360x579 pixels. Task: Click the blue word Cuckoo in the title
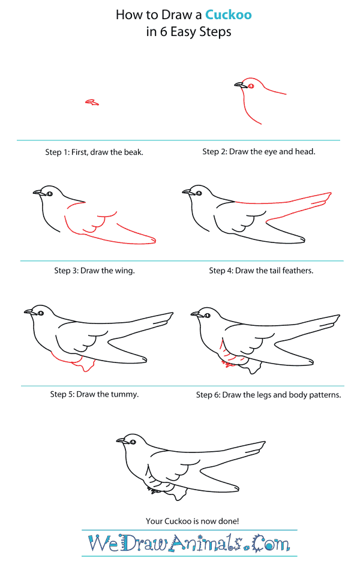click(228, 15)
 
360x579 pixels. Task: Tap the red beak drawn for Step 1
click(92, 102)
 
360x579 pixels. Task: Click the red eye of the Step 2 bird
click(251, 86)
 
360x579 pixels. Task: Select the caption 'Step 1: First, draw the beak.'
click(94, 152)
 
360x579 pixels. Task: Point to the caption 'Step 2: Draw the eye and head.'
click(259, 151)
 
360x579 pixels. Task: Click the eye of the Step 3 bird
click(49, 193)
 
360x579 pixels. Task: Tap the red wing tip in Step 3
click(153, 241)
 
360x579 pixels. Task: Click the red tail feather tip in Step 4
click(329, 194)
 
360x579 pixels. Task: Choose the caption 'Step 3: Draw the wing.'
click(95, 271)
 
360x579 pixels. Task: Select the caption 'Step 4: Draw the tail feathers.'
click(261, 271)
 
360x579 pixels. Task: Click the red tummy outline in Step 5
click(74, 362)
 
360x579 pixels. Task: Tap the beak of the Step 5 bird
click(29, 313)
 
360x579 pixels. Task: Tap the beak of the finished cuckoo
click(122, 441)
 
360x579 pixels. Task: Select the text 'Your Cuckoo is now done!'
click(193, 521)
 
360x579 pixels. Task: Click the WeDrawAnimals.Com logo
click(189, 543)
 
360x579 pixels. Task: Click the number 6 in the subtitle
click(163, 32)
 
